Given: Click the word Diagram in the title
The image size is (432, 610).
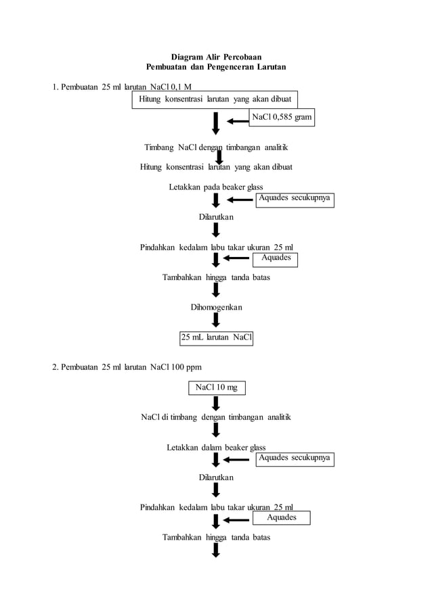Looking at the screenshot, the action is pos(186,57).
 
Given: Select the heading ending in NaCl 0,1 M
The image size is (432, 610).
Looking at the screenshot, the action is pos(123,87).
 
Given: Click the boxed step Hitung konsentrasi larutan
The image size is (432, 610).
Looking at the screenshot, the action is pos(215,99).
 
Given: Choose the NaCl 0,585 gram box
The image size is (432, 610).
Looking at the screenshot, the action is pos(282,118).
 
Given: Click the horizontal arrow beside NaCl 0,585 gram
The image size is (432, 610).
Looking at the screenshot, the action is pos(238,122).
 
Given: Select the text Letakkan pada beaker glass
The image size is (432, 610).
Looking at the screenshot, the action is pos(216,187).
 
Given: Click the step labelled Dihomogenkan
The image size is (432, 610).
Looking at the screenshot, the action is pos(216,307).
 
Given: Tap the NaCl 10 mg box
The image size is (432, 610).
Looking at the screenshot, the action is pos(216,388).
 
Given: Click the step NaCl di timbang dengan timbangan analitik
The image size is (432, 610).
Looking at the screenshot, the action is pos(216,417).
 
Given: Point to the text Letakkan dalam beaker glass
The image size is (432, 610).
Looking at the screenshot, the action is pos(216,447).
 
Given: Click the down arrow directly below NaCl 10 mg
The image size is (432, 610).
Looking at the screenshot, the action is pos(216,404).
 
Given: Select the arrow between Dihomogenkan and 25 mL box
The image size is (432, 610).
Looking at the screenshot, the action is pos(216,321).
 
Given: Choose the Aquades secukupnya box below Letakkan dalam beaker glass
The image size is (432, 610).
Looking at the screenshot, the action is pos(295,459).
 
